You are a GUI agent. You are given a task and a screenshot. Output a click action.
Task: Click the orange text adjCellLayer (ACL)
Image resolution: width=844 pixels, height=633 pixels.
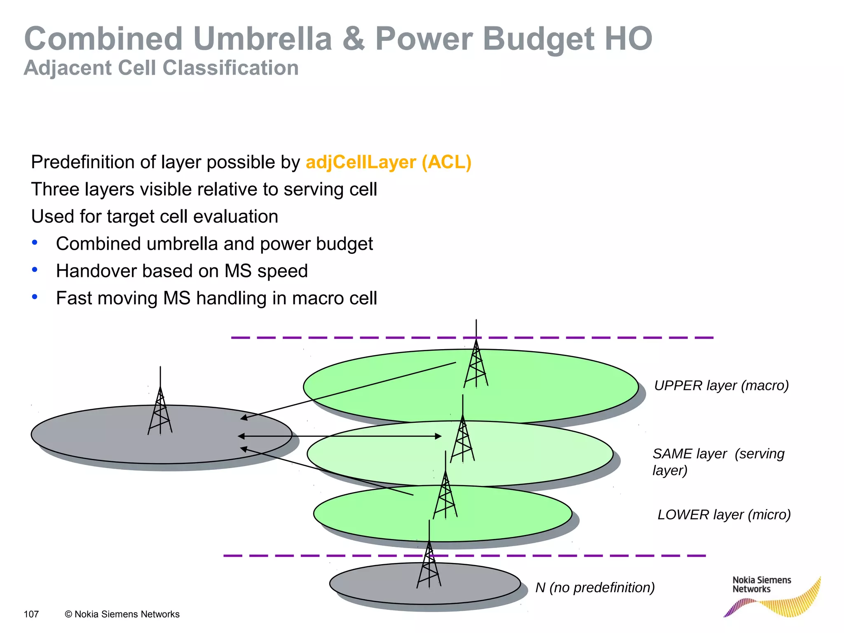[388, 162]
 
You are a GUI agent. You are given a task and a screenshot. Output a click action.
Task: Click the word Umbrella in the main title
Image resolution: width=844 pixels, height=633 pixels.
[263, 39]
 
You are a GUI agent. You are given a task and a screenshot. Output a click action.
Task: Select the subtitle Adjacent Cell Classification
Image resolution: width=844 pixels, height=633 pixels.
[161, 68]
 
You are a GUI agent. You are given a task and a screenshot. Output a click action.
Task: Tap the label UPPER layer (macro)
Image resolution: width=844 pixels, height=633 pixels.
[721, 385]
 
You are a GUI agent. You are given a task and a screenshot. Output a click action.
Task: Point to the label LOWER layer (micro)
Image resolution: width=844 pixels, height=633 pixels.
[724, 515]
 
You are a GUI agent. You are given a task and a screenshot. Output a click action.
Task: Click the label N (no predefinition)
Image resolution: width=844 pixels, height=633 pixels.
[595, 587]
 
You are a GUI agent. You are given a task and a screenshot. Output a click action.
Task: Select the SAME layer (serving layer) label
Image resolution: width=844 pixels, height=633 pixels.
[718, 462]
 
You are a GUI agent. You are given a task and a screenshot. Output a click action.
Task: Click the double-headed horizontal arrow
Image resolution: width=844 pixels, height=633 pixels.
[340, 436]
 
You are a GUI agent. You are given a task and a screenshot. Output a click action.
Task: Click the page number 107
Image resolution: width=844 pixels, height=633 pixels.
[31, 614]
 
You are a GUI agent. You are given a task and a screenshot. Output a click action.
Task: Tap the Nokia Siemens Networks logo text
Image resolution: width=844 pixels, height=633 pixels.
[761, 584]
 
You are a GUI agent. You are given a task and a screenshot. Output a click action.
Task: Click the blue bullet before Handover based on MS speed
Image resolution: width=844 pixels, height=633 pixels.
[35, 270]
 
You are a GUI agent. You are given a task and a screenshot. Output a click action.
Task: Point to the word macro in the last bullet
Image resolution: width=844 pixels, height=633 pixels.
[319, 298]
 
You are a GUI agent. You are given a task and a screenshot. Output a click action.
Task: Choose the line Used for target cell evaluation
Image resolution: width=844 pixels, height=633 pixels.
[155, 216]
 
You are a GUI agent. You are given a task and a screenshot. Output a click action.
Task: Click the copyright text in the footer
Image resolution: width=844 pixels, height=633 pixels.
[122, 614]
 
